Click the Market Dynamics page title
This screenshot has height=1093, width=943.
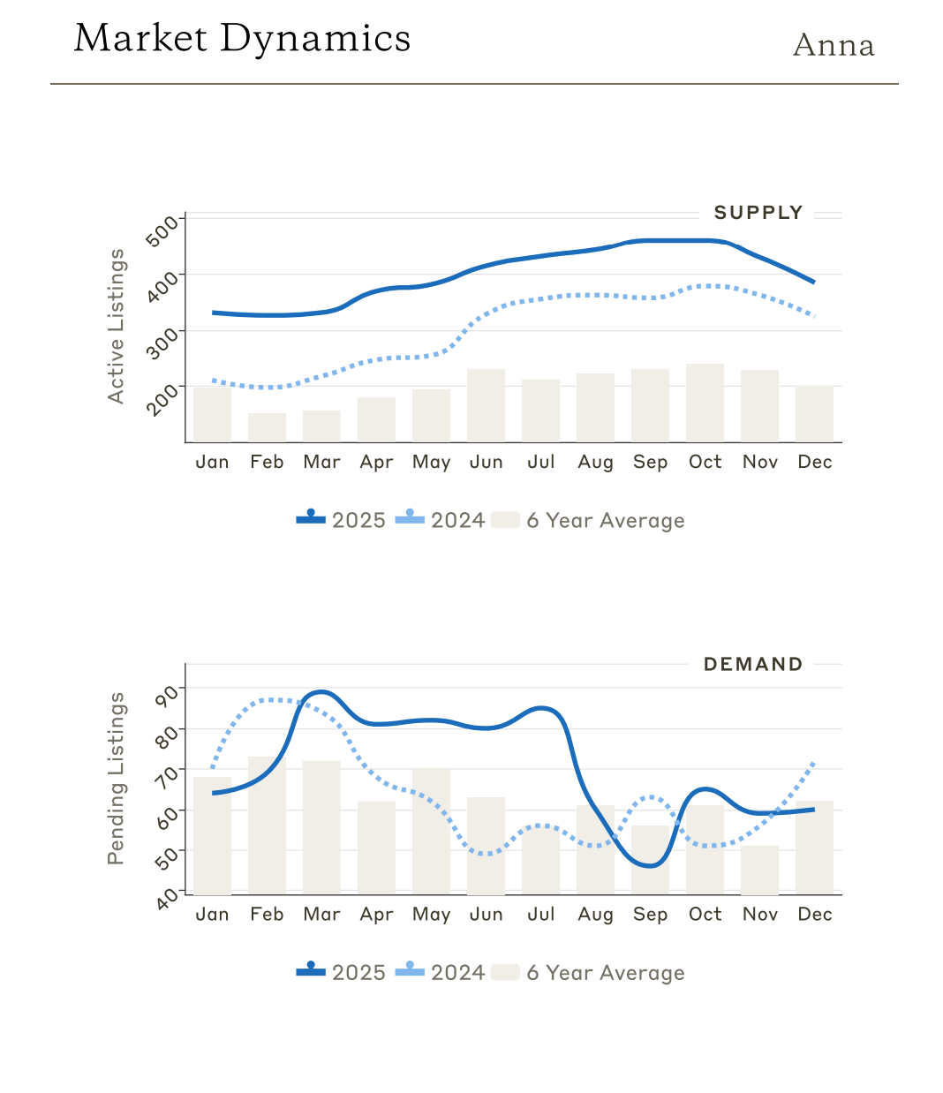pyautogui.click(x=242, y=39)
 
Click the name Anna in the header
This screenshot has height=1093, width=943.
pyautogui.click(x=834, y=45)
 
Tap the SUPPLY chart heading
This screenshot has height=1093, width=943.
pyautogui.click(x=758, y=213)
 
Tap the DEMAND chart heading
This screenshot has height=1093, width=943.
pyautogui.click(x=752, y=665)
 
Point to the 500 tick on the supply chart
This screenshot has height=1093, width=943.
pyautogui.click(x=162, y=231)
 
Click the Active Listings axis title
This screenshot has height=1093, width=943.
pyautogui.click(x=116, y=327)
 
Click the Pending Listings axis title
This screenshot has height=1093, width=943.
pyautogui.click(x=116, y=779)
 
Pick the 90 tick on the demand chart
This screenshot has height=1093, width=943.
pyautogui.click(x=166, y=695)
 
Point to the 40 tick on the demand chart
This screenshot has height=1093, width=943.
pyautogui.click(x=167, y=899)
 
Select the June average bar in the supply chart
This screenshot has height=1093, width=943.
pyautogui.click(x=486, y=406)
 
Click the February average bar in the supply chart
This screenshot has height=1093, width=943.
pyautogui.click(x=267, y=428)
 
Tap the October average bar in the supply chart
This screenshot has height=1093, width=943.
pyautogui.click(x=705, y=403)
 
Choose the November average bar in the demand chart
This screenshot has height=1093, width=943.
pyautogui.click(x=759, y=871)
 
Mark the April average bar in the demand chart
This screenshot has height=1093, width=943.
pyautogui.click(x=376, y=848)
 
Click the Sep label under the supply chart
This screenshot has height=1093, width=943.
pyautogui.click(x=650, y=463)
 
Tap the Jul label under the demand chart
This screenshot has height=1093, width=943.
pyautogui.click(x=540, y=915)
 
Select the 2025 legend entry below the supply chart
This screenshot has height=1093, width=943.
pyautogui.click(x=342, y=520)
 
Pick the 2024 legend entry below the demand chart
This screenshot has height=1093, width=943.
pyautogui.click(x=441, y=972)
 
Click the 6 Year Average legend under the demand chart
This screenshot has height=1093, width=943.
pyautogui.click(x=588, y=972)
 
